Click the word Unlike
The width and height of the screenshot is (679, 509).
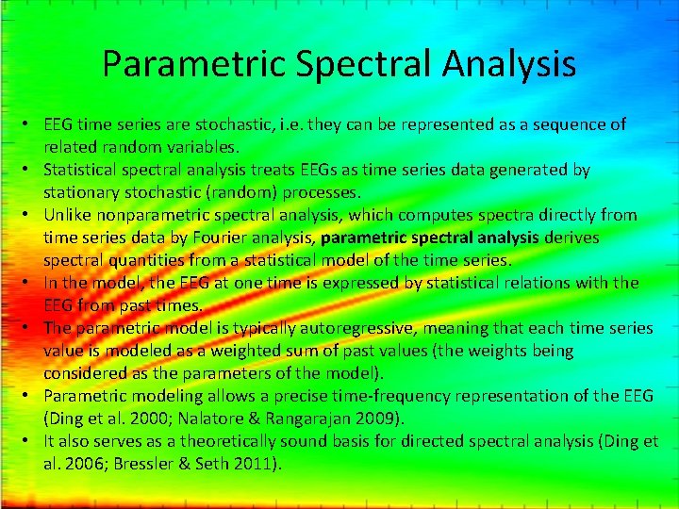click(69, 215)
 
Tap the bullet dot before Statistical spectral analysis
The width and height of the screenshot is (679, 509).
click(32, 171)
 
